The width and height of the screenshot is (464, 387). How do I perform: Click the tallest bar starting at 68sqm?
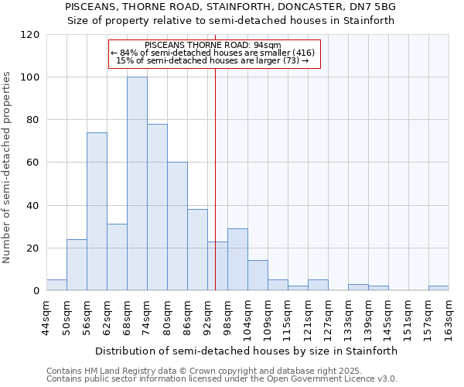137,184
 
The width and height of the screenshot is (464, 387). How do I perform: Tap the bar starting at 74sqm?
157,207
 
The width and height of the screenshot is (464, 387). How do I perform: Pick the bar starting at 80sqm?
177,226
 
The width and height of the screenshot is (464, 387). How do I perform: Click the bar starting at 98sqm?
237,259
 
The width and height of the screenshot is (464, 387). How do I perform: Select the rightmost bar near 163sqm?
438,288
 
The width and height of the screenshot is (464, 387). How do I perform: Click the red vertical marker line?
215,193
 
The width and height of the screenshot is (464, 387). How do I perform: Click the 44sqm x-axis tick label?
46,313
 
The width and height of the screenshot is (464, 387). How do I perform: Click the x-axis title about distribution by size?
247,351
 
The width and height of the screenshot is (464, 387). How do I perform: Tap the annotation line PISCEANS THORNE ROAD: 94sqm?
213,46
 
